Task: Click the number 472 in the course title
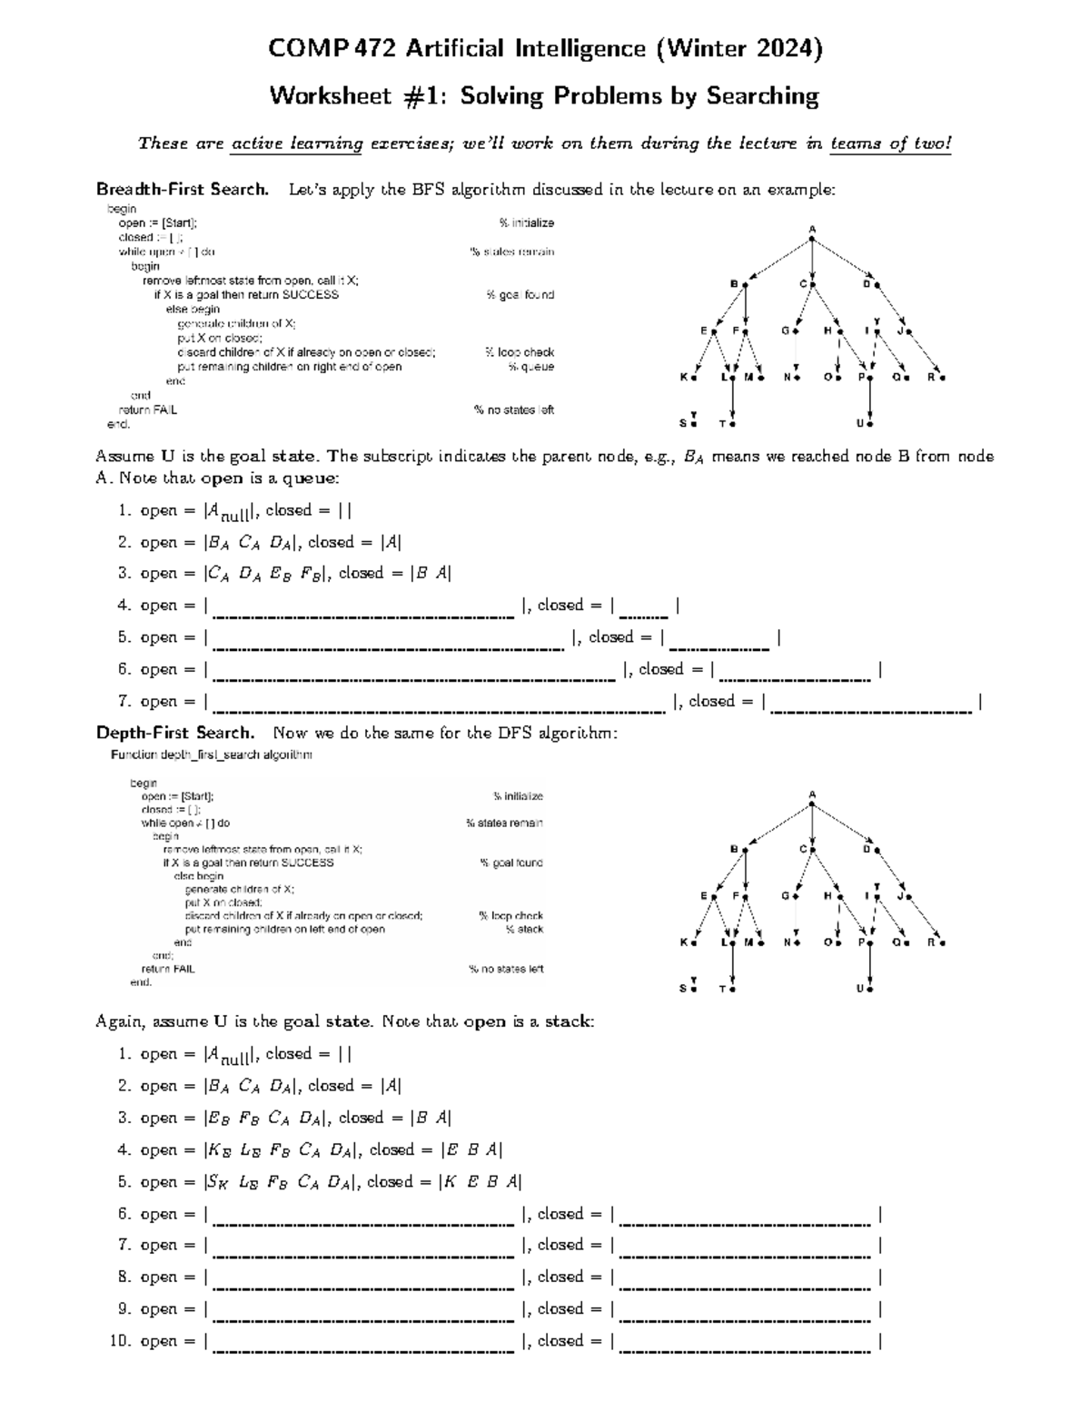pyautogui.click(x=374, y=49)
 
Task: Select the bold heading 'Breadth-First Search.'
pyautogui.click(x=183, y=190)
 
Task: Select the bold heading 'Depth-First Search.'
pyautogui.click(x=175, y=733)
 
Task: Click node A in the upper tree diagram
pyautogui.click(x=812, y=238)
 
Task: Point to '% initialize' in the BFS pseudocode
pyautogui.click(x=526, y=222)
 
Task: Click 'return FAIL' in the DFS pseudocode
pyautogui.click(x=168, y=969)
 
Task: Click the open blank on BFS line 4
pyautogui.click(x=363, y=606)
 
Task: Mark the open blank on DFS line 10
pyautogui.click(x=363, y=1342)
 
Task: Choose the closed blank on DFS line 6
pyautogui.click(x=745, y=1215)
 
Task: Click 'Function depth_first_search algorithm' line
pyautogui.click(x=212, y=754)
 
